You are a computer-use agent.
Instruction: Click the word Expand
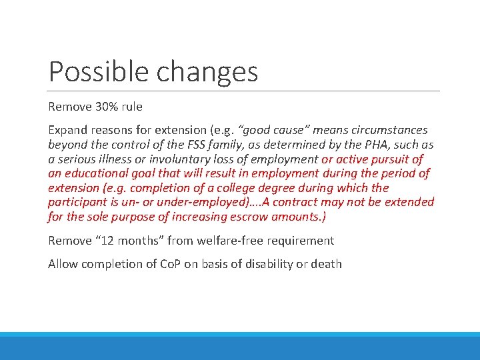[67, 129]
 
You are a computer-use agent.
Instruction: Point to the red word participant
[76, 202]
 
